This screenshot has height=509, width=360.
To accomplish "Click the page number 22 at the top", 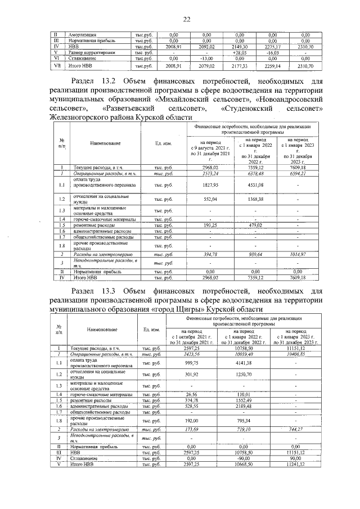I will pyautogui.click(x=187, y=20).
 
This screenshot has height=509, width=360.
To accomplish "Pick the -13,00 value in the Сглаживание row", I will pyautogui.click(x=207, y=58).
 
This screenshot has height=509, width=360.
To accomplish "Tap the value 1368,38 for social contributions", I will pyautogui.click(x=255, y=199).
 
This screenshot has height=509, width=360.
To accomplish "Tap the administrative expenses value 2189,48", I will pyautogui.click(x=244, y=406).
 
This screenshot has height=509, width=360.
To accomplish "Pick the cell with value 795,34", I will pyautogui.click(x=244, y=420).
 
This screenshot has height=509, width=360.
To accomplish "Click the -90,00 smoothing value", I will pyautogui.click(x=244, y=459).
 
